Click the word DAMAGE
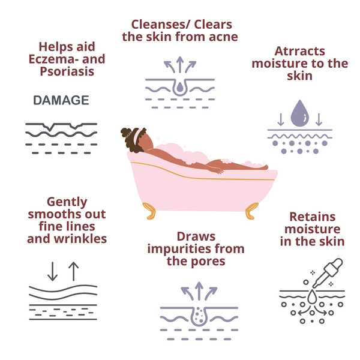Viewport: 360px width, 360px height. [x=61, y=100]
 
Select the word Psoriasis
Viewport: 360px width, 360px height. [x=67, y=71]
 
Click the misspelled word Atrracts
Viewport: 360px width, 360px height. [x=299, y=51]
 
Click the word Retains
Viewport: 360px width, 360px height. [x=312, y=217]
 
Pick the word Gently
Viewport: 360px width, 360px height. [x=67, y=202]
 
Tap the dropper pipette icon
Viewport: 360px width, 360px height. [x=328, y=272]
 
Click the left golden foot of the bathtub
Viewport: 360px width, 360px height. [x=149, y=211]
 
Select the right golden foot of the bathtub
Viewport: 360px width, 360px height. [x=251, y=211]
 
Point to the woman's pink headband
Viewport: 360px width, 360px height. [x=137, y=135]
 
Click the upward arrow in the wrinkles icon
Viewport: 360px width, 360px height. [x=73, y=271]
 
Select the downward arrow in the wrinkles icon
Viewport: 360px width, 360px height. [x=52, y=271]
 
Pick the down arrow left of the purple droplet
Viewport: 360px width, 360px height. [x=281, y=119]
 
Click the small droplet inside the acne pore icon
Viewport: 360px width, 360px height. [x=180, y=87]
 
